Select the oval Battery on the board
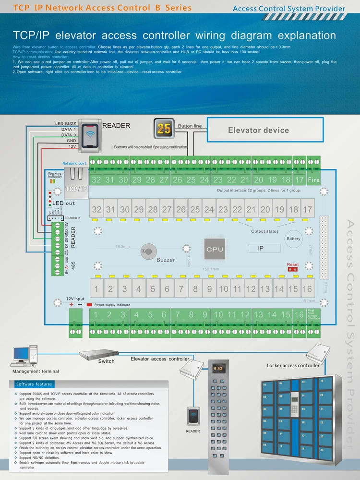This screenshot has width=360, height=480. (293, 239)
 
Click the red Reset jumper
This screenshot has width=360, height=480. (292, 269)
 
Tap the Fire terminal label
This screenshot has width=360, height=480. (313, 180)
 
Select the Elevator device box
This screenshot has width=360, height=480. (258, 130)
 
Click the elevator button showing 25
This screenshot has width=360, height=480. (164, 129)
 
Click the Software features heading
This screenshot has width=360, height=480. (34, 384)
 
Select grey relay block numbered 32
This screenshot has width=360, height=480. (97, 210)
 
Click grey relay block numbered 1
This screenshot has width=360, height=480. (96, 289)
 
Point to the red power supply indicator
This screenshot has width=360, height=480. (89, 305)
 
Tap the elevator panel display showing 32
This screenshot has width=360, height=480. (218, 369)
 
